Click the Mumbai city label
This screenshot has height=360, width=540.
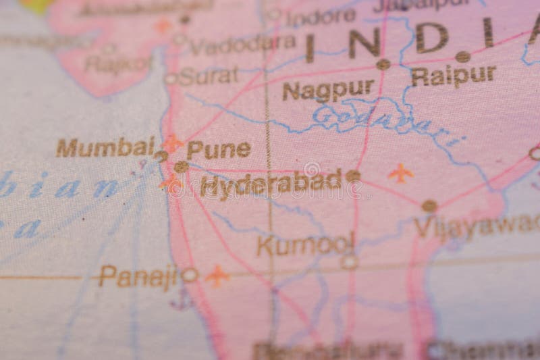pos(105,147)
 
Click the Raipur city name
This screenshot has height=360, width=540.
pos(453,76)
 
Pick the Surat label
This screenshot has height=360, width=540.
pos(209,76)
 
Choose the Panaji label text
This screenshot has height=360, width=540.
pos(138,275)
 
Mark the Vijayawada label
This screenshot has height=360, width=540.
pos(477,226)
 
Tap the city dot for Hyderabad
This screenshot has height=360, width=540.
pos(353,176)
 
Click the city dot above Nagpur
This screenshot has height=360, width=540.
pos(383,64)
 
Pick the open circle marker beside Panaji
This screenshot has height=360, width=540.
pos(190,275)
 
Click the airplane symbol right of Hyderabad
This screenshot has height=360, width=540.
pos(401,173)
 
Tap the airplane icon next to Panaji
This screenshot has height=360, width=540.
pos(217,275)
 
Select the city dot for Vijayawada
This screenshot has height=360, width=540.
pos(429,206)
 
